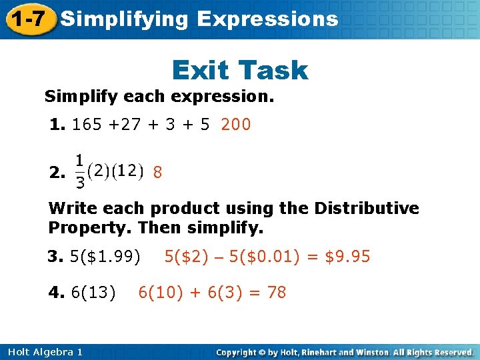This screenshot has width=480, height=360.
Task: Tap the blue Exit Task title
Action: point(240,70)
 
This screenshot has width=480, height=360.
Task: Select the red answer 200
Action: point(236,125)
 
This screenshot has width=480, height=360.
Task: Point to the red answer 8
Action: point(157,173)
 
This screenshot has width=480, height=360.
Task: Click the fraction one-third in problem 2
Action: point(79,172)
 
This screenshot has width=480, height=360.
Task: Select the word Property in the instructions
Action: point(90,229)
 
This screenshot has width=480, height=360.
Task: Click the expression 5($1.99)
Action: point(105,257)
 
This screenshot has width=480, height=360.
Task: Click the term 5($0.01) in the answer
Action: point(261,257)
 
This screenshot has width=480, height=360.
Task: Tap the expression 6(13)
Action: point(93,292)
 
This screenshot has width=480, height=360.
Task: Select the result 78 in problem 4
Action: point(276,292)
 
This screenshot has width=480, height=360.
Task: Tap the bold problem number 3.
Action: point(54,257)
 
